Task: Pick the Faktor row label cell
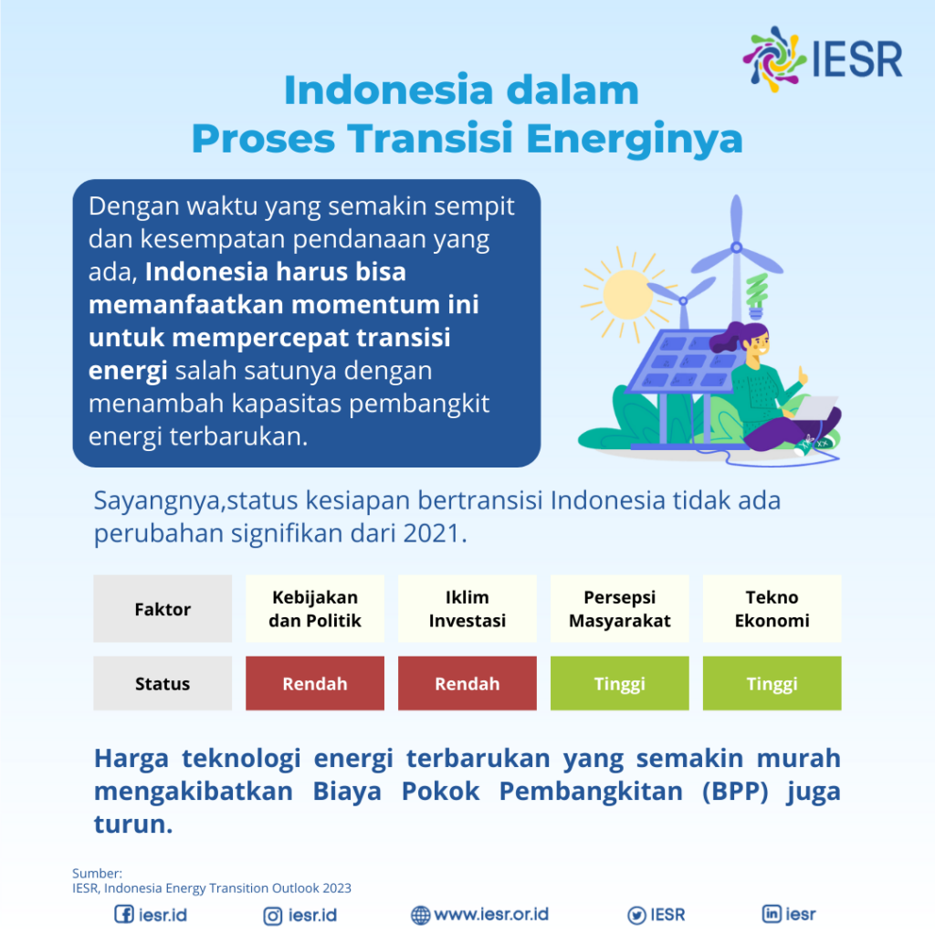point(163,609)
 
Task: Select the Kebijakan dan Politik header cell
point(315,609)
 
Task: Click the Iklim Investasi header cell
point(467,609)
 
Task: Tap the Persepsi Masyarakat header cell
point(620,609)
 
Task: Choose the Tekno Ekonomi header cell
point(772,609)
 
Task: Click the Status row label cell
point(163,684)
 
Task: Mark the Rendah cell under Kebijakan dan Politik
point(315,684)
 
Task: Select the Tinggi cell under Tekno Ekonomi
point(772,684)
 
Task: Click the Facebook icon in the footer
point(123,915)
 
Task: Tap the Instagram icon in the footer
point(273,915)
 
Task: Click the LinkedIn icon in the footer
point(772,914)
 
